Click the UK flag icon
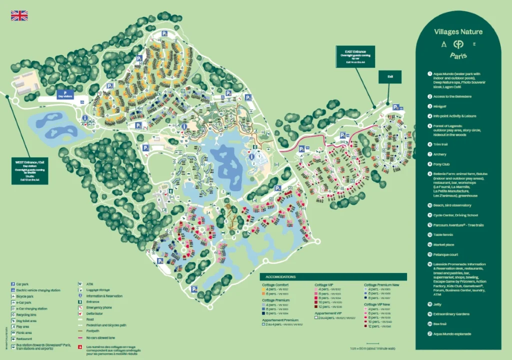click(x=19, y=15)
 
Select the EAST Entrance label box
click(x=355, y=57)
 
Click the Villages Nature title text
click(x=458, y=32)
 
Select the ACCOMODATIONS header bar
click(x=333, y=276)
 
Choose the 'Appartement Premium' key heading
click(x=280, y=319)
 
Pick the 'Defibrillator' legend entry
click(x=97, y=313)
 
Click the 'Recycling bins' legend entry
click(x=27, y=314)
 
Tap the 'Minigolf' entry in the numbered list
click(x=440, y=106)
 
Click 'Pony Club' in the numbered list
click(x=442, y=163)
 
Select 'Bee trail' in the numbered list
click(x=440, y=323)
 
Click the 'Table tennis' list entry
click(x=444, y=234)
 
